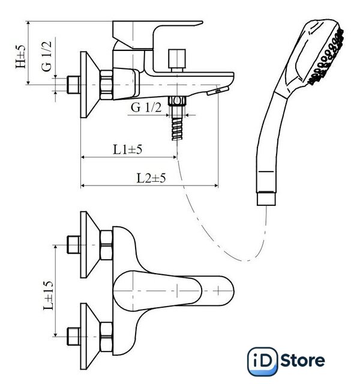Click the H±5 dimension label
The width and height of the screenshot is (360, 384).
point(20,57)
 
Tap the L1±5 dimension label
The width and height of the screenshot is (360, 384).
point(127,149)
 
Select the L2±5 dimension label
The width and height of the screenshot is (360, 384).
point(151,178)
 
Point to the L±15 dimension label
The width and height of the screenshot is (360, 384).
point(48,295)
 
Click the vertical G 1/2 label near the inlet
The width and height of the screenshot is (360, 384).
point(47,56)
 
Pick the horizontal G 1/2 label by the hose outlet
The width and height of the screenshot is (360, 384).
point(146,107)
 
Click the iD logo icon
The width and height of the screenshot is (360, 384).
point(263,361)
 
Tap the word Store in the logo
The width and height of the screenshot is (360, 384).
point(302,361)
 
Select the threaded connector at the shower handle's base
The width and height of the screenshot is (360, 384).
point(266,199)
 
